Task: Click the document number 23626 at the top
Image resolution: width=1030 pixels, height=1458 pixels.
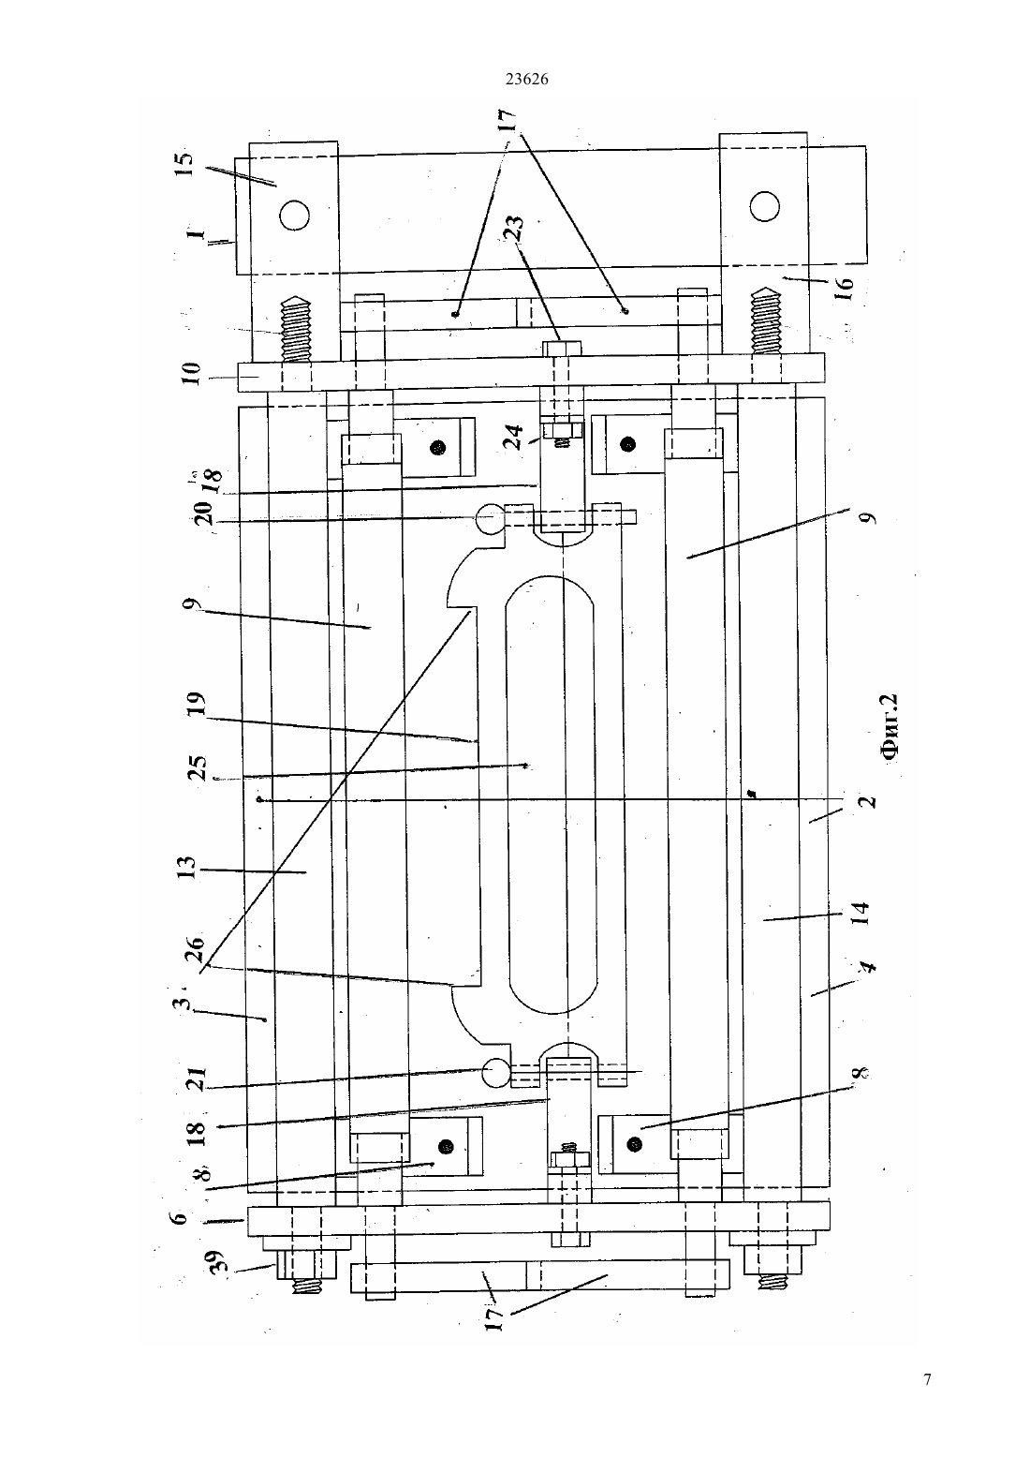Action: tap(526, 79)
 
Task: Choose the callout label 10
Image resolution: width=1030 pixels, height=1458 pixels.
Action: tap(193, 373)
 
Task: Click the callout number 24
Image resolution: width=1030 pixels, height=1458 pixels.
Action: tap(514, 437)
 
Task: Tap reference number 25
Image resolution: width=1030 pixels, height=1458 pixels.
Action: tap(197, 768)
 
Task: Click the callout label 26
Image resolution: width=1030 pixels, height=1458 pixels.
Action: tap(195, 950)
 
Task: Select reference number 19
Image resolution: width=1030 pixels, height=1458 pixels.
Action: tap(197, 703)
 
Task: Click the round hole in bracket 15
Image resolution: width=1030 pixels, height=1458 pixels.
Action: tap(294, 215)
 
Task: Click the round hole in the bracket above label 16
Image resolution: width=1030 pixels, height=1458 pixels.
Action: tap(764, 207)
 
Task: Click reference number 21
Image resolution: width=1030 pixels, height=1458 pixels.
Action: tap(197, 1081)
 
